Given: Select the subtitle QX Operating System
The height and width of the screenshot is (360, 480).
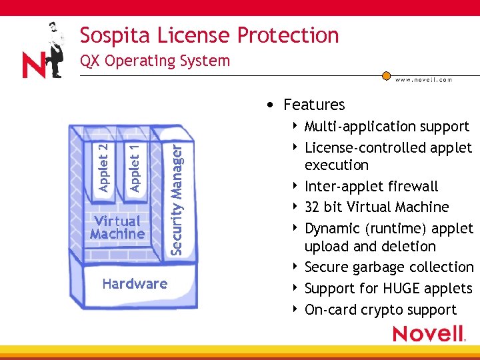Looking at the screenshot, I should [155, 61].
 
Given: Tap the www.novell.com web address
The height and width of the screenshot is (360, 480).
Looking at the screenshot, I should [423, 79].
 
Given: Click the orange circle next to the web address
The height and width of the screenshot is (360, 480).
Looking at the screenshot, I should [386, 76].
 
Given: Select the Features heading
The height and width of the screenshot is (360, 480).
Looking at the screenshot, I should [313, 105].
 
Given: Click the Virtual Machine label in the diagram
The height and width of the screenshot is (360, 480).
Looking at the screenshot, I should [117, 227].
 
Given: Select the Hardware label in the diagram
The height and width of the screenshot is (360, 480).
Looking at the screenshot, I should [135, 284].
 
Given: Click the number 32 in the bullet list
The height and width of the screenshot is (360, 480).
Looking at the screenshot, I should [312, 207].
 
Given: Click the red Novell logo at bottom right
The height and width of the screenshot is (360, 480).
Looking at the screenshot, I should [428, 333].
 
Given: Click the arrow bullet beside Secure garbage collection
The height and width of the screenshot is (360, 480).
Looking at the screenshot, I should [295, 267].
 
